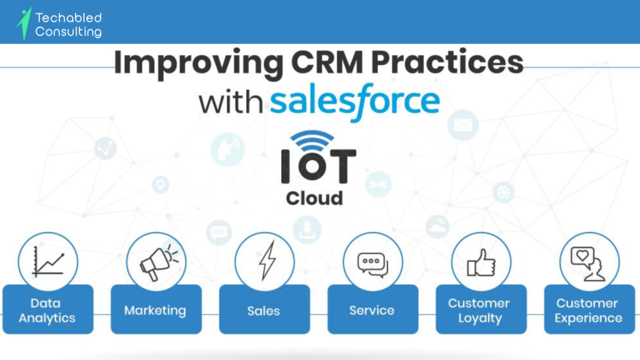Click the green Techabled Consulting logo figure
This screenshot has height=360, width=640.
pos(24,24)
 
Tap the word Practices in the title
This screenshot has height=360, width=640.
pos(447,62)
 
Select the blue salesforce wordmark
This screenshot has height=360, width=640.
pos(355,101)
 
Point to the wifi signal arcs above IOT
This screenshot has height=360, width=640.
pos(312,141)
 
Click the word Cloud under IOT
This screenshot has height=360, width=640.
pos(314,198)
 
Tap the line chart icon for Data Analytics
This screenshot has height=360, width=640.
pos(48,262)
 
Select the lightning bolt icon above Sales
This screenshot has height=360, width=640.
pos(267,261)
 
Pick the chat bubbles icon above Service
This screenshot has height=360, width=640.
pos(372,265)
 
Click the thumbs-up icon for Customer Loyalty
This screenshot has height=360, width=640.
pos(481,263)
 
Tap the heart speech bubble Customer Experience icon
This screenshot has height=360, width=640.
pos(587,264)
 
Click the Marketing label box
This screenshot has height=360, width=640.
pos(156,309)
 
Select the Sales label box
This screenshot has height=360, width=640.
pos(264,309)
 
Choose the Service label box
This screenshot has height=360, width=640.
pos(372,309)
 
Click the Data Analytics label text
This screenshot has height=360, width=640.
pos(47,311)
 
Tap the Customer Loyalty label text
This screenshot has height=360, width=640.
pos(479,311)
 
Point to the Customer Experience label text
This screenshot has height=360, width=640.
pos(588,311)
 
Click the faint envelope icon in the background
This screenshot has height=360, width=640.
pos(463,125)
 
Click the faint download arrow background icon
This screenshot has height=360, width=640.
pos(307,230)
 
